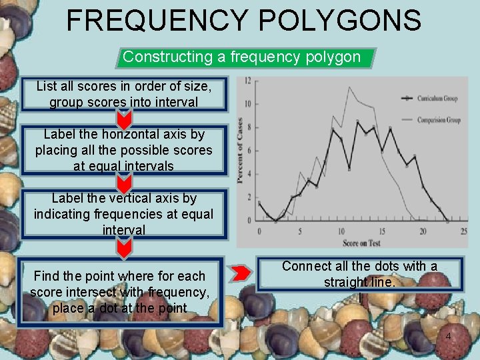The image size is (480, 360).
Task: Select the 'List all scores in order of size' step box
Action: (124, 94)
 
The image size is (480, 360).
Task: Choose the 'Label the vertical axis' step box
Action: (124, 214)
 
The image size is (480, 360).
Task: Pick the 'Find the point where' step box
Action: (120, 292)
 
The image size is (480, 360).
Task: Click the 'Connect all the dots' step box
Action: (360, 274)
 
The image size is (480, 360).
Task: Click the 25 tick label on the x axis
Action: (463, 231)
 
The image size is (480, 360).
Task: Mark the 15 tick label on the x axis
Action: (381, 231)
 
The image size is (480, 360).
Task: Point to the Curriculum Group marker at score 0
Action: (259, 203)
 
